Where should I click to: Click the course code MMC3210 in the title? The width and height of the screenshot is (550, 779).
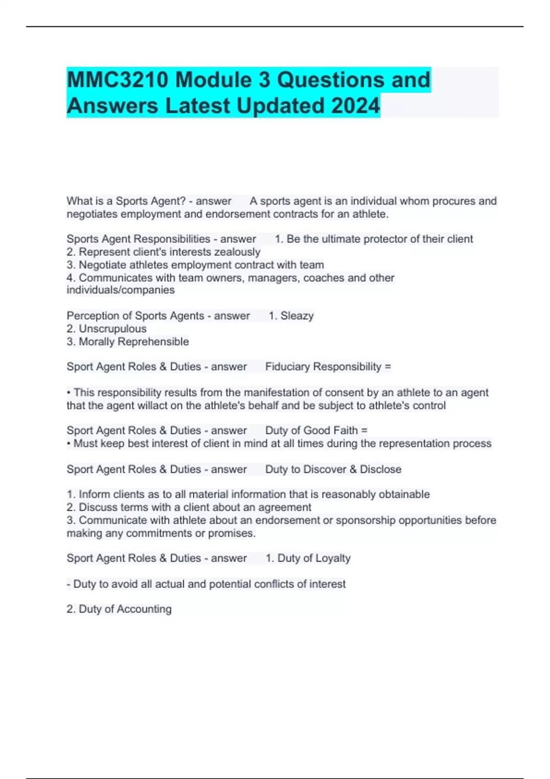click(117, 80)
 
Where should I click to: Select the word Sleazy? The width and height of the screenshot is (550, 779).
click(297, 316)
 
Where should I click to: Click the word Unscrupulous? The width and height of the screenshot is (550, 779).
click(112, 329)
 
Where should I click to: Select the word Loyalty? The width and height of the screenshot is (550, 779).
click(333, 558)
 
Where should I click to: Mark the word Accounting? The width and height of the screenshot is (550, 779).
click(144, 609)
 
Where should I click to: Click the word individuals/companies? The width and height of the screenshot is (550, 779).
click(121, 290)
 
